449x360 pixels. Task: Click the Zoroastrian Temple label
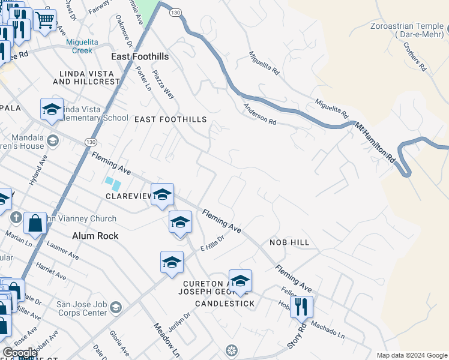[406, 31]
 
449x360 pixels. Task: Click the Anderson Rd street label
[259, 113]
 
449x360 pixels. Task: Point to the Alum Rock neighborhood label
[95, 236]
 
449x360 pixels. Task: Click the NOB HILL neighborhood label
[289, 242]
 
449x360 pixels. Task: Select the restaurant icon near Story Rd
[301, 307]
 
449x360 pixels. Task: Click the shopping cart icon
[44, 20]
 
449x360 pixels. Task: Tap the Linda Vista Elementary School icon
[52, 110]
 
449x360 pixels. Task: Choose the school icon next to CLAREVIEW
[162, 195]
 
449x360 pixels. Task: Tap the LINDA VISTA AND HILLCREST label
[86, 77]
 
